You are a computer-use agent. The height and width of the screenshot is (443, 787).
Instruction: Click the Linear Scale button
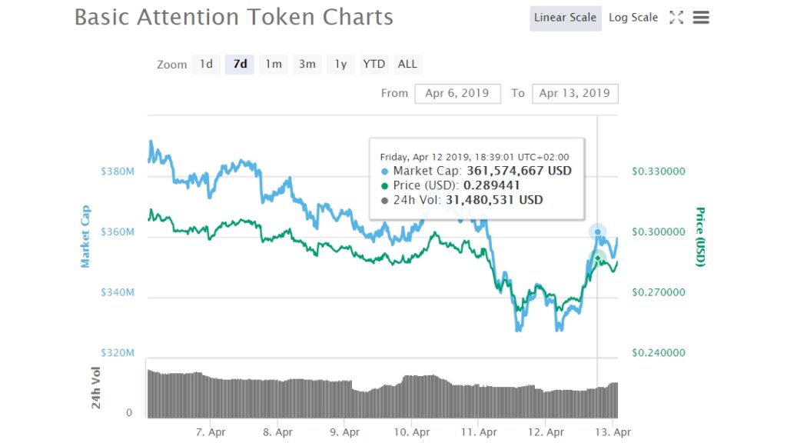coord(565,18)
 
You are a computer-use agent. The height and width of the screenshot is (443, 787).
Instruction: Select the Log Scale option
coord(633,18)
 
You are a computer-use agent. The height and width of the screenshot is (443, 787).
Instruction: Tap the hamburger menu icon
coord(700,18)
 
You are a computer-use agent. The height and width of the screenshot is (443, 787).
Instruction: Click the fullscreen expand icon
coord(676,18)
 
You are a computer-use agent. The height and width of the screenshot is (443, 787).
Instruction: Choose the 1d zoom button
coord(206,64)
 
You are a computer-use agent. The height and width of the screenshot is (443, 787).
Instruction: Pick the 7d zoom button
coord(240,64)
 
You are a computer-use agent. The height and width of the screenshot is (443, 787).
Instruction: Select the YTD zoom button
coord(374,64)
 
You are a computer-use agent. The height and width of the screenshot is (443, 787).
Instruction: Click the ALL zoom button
coord(407,64)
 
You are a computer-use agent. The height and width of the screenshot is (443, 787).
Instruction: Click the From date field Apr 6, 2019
coord(457,93)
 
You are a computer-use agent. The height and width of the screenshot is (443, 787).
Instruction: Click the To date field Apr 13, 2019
coord(574,93)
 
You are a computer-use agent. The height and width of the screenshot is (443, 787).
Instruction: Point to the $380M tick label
coord(118,172)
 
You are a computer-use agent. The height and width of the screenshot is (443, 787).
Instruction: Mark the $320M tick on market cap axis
coord(118,353)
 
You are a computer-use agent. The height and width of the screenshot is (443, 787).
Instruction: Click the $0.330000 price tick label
coord(659,172)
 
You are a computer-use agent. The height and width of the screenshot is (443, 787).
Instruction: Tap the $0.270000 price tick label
coord(659,293)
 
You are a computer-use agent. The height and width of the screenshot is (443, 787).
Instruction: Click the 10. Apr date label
coord(411,432)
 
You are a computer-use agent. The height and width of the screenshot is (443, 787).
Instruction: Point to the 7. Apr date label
coord(211,432)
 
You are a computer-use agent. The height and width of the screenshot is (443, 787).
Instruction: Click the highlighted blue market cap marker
coord(598,231)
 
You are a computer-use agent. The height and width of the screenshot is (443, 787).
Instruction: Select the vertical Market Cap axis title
coord(85,236)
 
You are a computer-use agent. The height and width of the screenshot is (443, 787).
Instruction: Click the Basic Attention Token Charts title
coord(234,17)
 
